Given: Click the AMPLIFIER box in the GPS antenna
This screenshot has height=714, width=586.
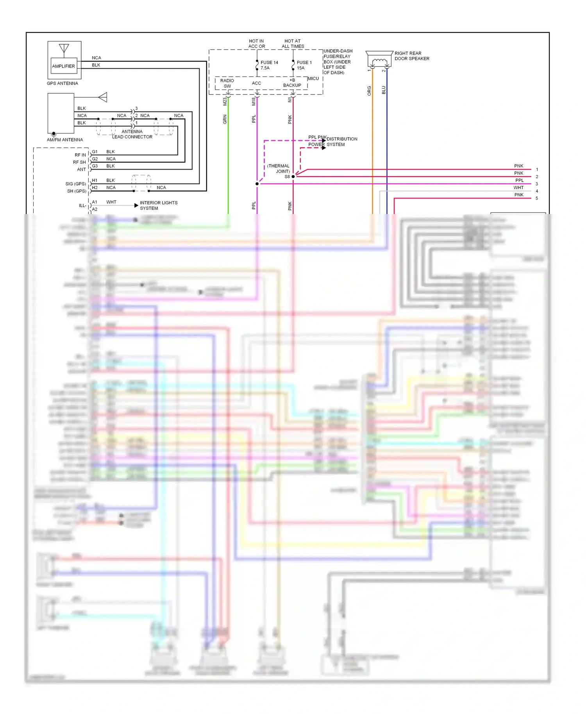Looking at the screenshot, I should [63, 66].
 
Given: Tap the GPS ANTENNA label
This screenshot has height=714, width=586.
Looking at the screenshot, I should [63, 83].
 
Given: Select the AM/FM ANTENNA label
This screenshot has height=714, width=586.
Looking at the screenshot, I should [65, 139].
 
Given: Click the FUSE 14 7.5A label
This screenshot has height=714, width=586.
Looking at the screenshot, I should [269, 65].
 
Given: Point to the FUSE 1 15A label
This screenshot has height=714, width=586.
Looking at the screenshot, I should [304, 65].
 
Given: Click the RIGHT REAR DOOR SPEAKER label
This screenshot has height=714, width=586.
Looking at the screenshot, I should [411, 56].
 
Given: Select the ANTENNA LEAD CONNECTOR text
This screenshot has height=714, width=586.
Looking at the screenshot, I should [132, 134].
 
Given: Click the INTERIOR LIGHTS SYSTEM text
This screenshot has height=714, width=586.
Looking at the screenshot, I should [158, 205].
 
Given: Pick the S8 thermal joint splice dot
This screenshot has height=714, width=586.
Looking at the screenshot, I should [293, 177].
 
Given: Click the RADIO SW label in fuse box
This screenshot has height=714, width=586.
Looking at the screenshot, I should [227, 83].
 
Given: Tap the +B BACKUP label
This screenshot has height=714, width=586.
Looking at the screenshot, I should [292, 83].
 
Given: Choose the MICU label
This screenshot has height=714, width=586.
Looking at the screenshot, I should [313, 79].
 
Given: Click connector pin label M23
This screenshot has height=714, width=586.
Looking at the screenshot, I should [225, 102].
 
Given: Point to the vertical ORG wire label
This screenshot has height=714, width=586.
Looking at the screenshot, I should [369, 91].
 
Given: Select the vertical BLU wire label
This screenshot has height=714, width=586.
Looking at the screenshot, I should [384, 90].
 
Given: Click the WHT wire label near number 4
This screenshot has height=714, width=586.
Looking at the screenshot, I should [518, 187].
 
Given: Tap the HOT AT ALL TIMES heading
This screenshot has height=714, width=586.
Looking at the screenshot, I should [293, 43].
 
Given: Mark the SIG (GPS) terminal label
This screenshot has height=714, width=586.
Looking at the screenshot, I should [76, 184].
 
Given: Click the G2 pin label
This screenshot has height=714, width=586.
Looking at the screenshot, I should [95, 159].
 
